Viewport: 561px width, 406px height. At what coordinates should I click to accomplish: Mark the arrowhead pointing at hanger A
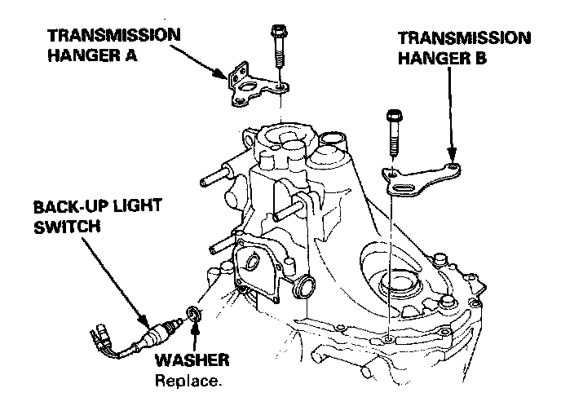(x=224, y=76)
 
